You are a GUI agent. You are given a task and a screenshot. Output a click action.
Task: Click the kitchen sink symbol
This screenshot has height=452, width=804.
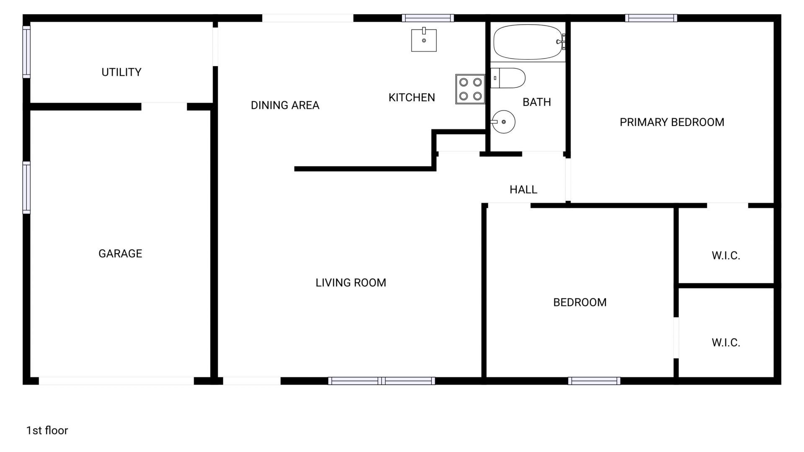click(x=424, y=40)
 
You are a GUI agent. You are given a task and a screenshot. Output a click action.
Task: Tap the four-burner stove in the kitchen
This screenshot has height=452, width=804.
click(x=470, y=89)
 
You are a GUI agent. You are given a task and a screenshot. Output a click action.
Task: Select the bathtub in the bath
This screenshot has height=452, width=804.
click(x=528, y=42)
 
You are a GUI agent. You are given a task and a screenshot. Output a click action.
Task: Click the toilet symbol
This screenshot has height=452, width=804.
click(x=508, y=78)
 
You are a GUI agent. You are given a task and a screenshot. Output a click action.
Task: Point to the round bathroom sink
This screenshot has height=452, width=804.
click(x=503, y=122)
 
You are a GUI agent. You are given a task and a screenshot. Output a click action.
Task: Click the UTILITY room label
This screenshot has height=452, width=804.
click(x=121, y=72)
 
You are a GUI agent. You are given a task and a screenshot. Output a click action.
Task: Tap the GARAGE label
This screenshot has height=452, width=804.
click(x=120, y=254)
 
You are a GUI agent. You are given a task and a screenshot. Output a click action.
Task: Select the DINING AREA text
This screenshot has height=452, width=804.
click(x=285, y=105)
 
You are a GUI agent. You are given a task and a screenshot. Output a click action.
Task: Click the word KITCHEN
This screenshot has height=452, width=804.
click(x=412, y=98)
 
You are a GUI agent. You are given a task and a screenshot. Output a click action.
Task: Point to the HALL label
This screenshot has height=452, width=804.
click(x=523, y=190)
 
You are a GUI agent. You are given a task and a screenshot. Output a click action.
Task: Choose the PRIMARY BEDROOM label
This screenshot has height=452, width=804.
click(x=672, y=122)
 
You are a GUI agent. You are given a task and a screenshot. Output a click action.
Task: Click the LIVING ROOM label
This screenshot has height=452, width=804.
click(x=350, y=283)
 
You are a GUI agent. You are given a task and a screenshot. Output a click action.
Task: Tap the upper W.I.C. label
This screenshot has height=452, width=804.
click(x=726, y=256)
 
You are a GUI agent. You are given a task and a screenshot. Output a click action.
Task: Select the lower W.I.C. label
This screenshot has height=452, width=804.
click(x=726, y=343)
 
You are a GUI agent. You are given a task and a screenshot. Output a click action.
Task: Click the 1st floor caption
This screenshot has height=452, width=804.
click(x=47, y=430)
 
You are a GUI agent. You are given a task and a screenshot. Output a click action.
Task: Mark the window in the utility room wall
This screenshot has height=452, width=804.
click(x=26, y=52)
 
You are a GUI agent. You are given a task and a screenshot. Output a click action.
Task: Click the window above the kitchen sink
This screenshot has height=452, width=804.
click(x=428, y=18)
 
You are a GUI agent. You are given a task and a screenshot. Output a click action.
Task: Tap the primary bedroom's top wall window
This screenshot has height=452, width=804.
click(x=651, y=18)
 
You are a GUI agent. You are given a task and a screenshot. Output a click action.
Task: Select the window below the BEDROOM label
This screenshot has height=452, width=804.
click(x=594, y=381)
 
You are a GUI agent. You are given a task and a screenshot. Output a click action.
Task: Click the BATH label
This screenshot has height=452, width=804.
click(x=536, y=102)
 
